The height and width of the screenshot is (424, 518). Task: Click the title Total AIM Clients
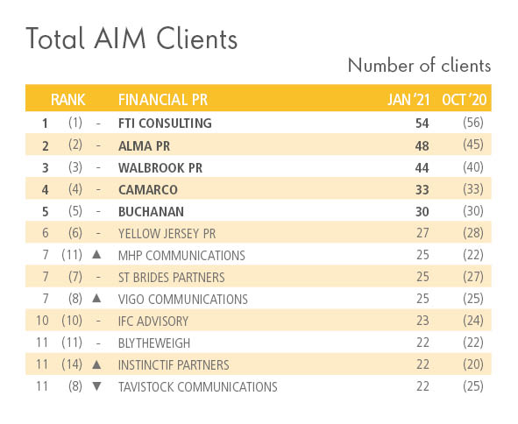[131, 39]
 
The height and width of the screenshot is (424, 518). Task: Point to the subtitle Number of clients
[419, 66]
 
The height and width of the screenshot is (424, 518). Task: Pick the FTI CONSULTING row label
[165, 124]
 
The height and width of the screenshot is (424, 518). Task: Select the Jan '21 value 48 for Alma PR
[422, 145]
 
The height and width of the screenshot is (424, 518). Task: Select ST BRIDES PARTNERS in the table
[171, 277]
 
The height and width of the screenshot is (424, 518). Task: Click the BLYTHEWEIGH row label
[153, 343]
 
